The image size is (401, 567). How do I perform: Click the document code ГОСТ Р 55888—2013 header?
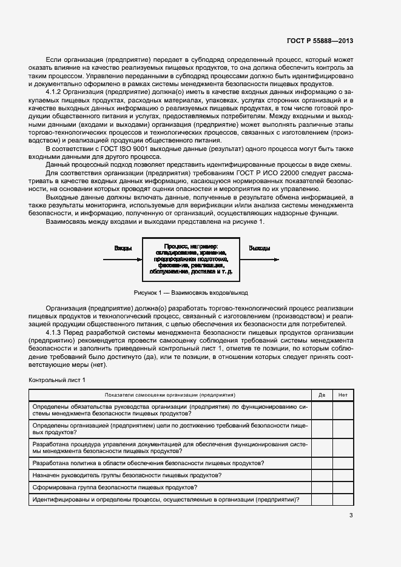click(x=320, y=41)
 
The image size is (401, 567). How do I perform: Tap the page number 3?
click(x=351, y=515)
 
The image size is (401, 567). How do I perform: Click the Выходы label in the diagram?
click(x=260, y=249)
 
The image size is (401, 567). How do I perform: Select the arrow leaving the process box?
click(x=259, y=258)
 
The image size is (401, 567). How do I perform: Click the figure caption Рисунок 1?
click(x=190, y=292)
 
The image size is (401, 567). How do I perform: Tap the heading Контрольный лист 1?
click(x=58, y=380)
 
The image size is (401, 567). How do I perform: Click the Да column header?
click(x=322, y=395)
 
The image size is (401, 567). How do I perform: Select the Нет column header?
click(x=343, y=395)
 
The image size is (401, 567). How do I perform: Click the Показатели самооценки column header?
click(x=170, y=395)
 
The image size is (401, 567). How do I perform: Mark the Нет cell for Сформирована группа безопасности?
click(x=343, y=487)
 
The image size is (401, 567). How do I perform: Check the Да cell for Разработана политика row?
click(x=322, y=463)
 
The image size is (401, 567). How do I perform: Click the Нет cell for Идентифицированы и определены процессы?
click(x=343, y=500)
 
